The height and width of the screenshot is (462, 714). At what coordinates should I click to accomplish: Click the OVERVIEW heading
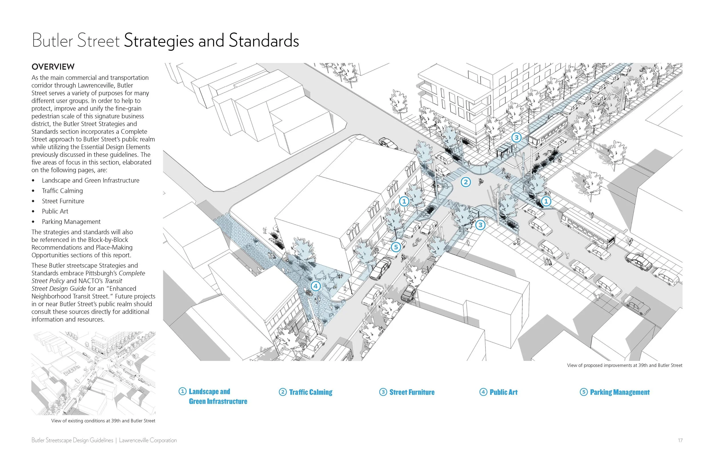[x=53, y=67]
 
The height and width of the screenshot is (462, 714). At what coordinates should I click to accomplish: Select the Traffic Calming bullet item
[x=62, y=191]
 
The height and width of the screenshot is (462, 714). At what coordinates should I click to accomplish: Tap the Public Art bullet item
[x=55, y=211]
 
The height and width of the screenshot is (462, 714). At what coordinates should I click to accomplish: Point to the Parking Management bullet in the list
[x=71, y=222]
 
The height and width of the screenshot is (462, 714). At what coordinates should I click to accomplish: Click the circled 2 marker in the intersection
[x=466, y=182]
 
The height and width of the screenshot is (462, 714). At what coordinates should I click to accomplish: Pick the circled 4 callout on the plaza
[x=315, y=286]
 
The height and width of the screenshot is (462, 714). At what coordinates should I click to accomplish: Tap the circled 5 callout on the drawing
[x=396, y=247]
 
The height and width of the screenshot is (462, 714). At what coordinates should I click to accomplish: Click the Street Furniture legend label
[x=412, y=392]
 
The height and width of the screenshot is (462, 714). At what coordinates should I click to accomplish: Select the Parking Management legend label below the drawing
[x=619, y=392]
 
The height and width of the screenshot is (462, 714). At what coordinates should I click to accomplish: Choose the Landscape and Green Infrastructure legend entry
[x=218, y=396]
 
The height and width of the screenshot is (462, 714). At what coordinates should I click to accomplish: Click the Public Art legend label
[x=504, y=392]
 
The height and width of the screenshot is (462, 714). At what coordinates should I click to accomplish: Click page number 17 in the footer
[x=680, y=440]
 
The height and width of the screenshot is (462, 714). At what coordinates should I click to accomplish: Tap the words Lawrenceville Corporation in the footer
[x=148, y=440]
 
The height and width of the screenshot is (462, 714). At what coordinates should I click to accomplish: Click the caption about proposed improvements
[x=624, y=365]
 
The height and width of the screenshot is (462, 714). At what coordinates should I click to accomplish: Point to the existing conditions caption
[x=103, y=421]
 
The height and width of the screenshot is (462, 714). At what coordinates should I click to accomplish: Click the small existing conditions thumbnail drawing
[x=93, y=373]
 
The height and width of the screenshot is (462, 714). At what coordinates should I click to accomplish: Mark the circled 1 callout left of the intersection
[x=404, y=201]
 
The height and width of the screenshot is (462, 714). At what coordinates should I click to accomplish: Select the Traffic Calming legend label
[x=310, y=392]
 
